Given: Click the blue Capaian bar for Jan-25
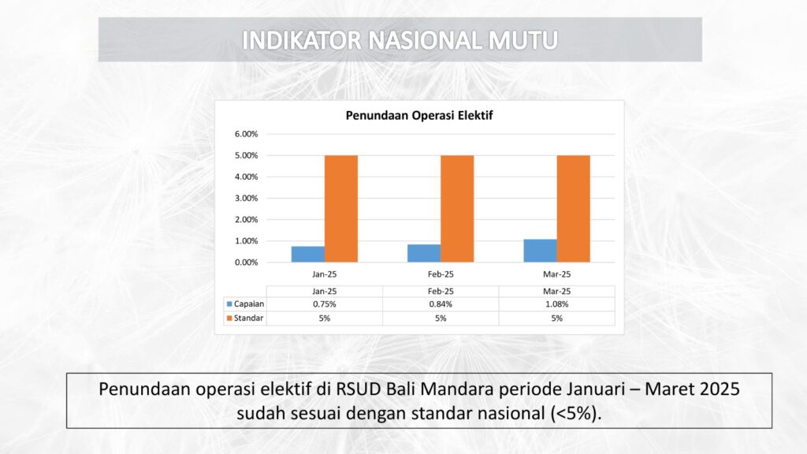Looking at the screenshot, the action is pos(308,255).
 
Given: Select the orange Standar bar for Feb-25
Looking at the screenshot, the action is pos(457,209).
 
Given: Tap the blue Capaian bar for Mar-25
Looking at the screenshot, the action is pos(541,251).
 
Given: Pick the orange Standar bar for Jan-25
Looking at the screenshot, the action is pos(341,209).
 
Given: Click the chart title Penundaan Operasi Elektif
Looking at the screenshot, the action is pos(419,115).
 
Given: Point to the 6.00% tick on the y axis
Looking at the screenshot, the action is pos(247,134).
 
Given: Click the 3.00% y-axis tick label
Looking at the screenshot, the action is pos(247,198).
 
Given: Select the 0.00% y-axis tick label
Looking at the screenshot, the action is pos(247,262).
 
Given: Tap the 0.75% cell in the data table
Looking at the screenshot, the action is pos(324,304).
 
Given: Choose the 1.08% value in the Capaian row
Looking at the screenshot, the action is pos(557,304).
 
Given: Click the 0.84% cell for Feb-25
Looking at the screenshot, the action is pos(441,304).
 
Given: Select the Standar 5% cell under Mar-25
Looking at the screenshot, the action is pos(557,318).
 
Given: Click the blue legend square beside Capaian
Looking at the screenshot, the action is pos(229,304).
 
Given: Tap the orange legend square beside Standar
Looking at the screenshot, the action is pos(229,318).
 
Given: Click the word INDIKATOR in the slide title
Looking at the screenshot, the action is pos(302,41).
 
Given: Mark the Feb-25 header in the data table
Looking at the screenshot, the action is pos(441,291).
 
